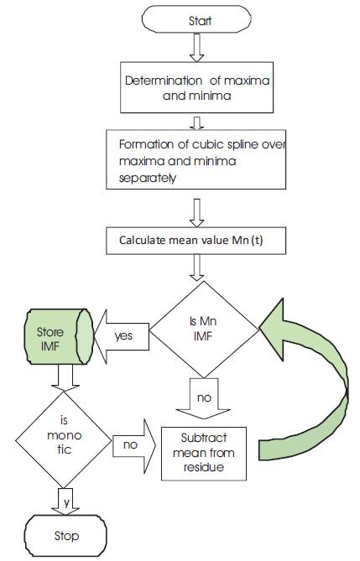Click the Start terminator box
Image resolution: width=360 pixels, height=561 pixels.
click(196, 19)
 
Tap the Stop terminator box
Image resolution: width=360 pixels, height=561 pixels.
click(65, 536)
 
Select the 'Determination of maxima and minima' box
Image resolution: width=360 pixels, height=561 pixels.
click(196, 87)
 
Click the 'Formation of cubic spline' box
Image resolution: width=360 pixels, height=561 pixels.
click(196, 159)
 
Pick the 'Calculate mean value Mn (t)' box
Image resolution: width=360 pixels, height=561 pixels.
click(196, 241)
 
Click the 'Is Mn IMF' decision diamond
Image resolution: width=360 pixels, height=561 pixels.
click(203, 330)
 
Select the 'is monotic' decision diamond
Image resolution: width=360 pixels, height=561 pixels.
click(64, 439)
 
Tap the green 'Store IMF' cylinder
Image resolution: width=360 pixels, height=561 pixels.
click(59, 336)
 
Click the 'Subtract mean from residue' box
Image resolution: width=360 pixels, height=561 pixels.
click(204, 454)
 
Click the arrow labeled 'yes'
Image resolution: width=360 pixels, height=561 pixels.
click(122, 336)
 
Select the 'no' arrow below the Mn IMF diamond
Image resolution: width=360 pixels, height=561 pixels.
click(203, 397)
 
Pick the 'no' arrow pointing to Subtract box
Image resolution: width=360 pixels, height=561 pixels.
click(134, 445)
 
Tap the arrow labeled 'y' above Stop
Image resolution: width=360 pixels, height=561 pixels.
click(65, 501)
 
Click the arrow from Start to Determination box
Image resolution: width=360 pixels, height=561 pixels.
click(196, 47)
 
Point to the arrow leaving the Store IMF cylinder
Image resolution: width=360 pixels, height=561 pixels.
click(65, 378)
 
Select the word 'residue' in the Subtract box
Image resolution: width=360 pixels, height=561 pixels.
click(203, 467)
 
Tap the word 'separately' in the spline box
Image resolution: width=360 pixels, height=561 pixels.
click(147, 178)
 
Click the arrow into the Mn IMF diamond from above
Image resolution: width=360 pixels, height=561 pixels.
click(196, 268)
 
